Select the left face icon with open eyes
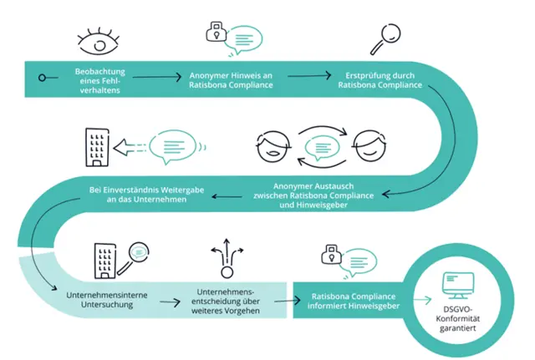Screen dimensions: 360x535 (271, 146)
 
